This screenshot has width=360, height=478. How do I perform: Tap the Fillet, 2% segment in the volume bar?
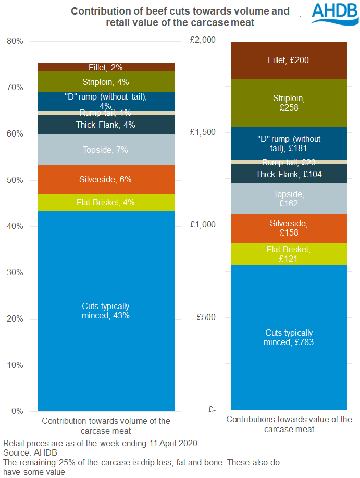point(106,67)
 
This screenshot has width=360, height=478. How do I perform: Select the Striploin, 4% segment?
point(106,82)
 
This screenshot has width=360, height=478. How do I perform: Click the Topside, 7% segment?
point(106,150)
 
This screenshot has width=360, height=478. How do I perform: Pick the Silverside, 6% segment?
point(106,180)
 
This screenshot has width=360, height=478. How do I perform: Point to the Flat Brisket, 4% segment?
point(106,202)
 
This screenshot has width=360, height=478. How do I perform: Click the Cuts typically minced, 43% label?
point(106,311)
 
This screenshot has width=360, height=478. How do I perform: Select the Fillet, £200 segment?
point(289,60)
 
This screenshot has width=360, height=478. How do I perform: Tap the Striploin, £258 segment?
point(289,103)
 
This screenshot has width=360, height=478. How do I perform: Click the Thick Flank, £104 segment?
point(289,174)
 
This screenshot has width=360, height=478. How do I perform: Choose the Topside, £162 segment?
point(289,199)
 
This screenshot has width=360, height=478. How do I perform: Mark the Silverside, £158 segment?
point(289,228)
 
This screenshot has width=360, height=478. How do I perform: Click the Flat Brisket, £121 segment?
point(289,254)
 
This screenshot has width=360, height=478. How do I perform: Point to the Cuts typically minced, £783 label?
point(289,337)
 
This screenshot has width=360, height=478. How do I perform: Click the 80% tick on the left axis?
point(15,41)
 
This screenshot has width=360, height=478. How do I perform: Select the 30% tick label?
point(15,273)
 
